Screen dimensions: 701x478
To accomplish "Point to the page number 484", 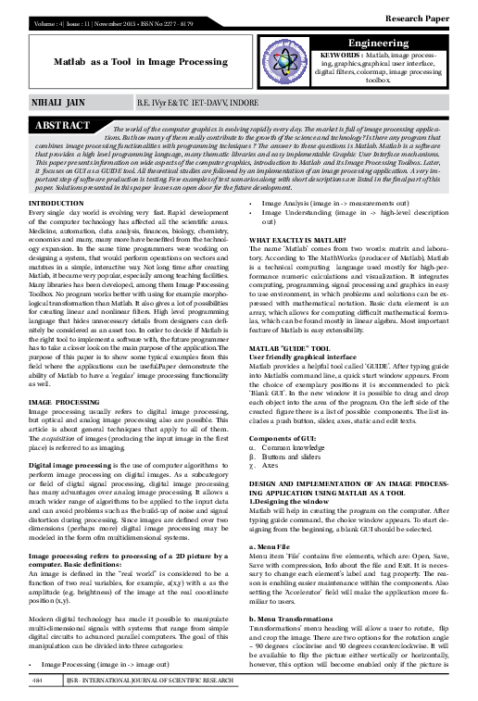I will click(x=38, y=680).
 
